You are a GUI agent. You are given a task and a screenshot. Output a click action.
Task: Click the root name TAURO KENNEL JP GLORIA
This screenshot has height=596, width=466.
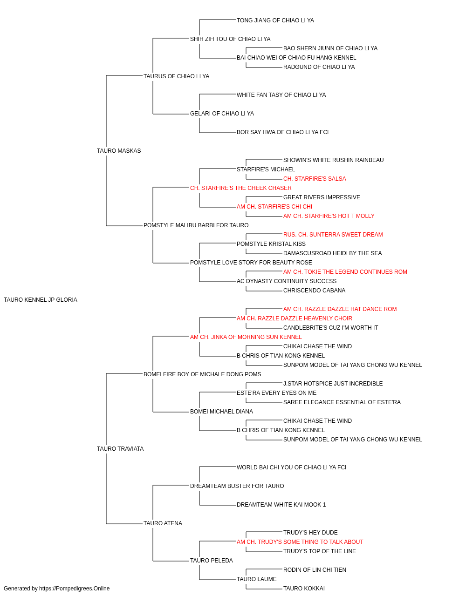coord(41,300)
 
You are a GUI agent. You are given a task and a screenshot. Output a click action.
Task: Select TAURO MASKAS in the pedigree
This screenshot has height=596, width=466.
coord(119,151)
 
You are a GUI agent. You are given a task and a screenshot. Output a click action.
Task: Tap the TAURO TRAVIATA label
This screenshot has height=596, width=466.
coord(120,449)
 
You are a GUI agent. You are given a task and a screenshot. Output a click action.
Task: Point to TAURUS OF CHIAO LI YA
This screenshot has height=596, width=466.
coord(177,76)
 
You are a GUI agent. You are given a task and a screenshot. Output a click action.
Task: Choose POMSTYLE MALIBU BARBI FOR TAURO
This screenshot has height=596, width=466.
coord(196,225)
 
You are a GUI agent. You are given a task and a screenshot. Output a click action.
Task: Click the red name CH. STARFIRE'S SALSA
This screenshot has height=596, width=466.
coord(315,179)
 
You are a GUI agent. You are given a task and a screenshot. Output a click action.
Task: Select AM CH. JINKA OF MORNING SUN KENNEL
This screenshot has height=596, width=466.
coord(246,337)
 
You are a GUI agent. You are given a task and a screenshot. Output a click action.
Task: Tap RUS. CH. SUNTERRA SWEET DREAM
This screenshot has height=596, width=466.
coord(333,235)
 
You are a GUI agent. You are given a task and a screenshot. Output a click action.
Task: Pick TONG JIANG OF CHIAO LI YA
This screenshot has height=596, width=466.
coord(275,20)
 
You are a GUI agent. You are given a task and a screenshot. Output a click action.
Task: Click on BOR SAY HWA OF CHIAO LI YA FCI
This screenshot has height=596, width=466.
coord(282,132)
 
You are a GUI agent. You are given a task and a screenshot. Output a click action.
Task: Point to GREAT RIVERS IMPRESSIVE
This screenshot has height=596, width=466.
coord(322,197)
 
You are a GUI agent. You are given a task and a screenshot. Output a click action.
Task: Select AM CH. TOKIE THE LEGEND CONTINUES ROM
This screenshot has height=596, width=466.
coord(345,272)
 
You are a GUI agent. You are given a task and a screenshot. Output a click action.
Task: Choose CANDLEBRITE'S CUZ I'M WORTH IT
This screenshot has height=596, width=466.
coord(331,328)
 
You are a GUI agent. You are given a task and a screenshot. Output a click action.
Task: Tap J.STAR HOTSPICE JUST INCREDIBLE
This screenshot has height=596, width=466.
coord(333,384)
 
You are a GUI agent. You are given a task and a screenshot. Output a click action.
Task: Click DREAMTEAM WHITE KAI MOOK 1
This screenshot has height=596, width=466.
coord(281,505)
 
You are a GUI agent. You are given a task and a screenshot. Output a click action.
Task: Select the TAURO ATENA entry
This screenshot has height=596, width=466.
coord(163,523)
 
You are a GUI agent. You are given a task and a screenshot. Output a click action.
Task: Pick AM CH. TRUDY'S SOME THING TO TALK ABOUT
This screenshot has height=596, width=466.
coord(300,542)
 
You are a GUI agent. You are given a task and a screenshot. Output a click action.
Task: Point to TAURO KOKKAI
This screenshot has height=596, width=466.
coord(304,589)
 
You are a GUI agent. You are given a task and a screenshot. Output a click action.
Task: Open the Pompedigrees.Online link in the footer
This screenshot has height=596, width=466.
coord(75,589)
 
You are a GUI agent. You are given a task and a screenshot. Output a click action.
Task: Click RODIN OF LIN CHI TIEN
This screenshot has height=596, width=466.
coord(315,570)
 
